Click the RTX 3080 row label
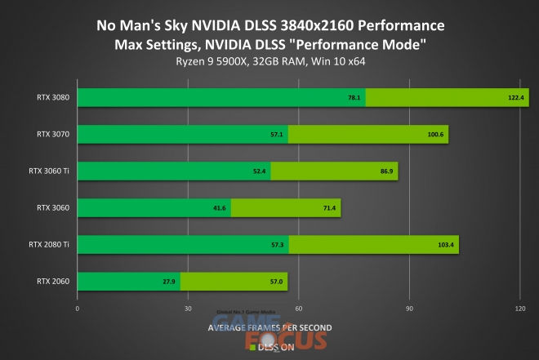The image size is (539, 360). (x=53, y=97)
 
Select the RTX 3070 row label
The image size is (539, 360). (x=53, y=134)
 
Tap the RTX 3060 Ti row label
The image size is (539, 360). (x=49, y=171)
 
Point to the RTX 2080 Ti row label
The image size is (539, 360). (x=49, y=244)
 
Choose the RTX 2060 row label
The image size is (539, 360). (x=53, y=282)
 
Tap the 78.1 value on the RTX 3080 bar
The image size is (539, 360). (x=354, y=97)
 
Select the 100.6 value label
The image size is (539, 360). (x=435, y=134)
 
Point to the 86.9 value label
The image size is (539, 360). (x=385, y=171)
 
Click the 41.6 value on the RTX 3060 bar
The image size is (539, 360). (x=219, y=208)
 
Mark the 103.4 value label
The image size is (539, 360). (x=446, y=245)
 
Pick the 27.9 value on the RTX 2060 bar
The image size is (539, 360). (x=168, y=282)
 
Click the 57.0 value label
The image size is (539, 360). (x=276, y=282)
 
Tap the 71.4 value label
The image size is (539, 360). (x=328, y=208)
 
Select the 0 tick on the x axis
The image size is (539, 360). (x=77, y=309)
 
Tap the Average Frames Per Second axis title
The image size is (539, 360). (x=269, y=327)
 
